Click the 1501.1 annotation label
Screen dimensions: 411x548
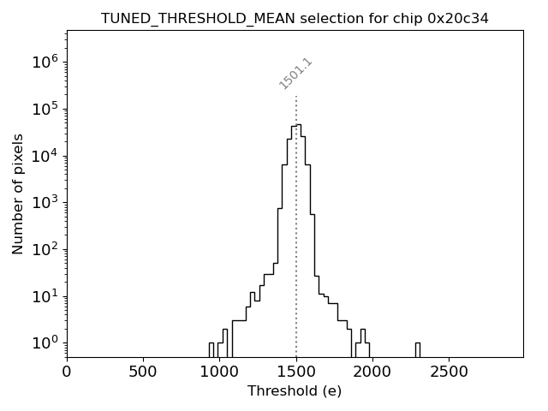click(x=296, y=74)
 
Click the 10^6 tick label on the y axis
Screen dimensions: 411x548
click(x=45, y=62)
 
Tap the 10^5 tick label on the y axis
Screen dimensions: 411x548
click(x=45, y=109)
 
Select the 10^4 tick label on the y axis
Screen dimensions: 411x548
click(x=45, y=156)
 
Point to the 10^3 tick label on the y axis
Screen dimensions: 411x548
click(x=45, y=203)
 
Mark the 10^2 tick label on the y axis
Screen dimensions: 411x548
click(x=45, y=250)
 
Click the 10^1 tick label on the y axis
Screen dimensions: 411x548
click(x=45, y=296)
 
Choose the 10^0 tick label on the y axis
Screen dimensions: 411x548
click(x=45, y=343)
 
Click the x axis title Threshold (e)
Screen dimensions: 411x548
click(x=295, y=391)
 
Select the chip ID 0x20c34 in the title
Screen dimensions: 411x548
click(x=457, y=18)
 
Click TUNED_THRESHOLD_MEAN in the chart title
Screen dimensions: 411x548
click(x=185, y=18)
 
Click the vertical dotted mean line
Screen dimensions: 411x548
click(x=296, y=257)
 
